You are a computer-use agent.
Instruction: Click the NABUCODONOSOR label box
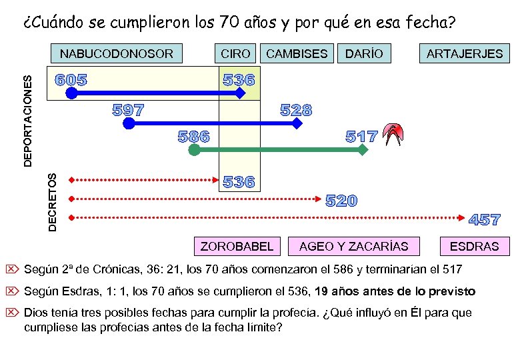117,54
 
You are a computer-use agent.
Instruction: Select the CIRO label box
235,54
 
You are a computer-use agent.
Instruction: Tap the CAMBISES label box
297,54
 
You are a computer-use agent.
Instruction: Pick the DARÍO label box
364,54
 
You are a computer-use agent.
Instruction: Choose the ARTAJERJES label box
465,54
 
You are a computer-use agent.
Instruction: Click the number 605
71,80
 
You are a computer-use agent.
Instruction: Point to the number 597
129,109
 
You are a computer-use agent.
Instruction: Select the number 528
296,110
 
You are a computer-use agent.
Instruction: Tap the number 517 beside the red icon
362,137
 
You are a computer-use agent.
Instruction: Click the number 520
341,201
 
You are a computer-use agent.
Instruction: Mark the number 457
485,219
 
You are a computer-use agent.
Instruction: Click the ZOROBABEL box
237,247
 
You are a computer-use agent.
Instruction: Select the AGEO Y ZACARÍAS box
354,247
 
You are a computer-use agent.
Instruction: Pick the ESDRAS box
474,247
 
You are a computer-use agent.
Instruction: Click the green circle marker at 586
194,151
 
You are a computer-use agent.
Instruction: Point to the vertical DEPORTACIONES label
28,120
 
